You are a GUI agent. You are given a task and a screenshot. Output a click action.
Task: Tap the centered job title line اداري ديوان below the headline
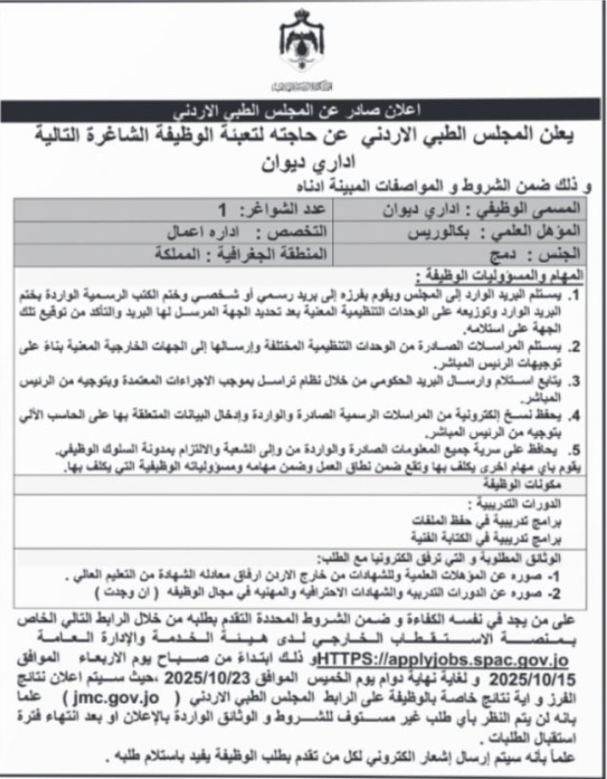pos(303,166)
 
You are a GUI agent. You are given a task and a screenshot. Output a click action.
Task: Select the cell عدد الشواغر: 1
pos(244,211)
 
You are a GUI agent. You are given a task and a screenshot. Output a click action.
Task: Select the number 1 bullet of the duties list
pos(578,292)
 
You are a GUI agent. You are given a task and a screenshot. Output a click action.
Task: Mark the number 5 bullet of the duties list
pos(578,449)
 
